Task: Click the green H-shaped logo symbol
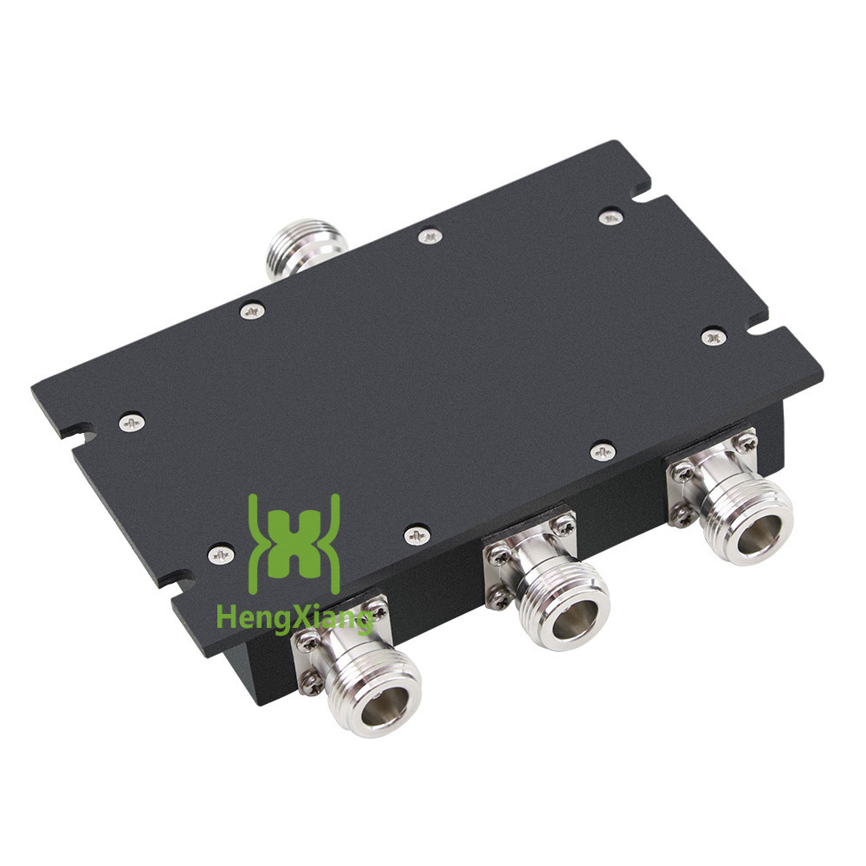[294, 544]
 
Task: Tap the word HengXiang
[294, 617]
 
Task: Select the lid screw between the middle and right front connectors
[603, 451]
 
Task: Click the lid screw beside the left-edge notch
[132, 423]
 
